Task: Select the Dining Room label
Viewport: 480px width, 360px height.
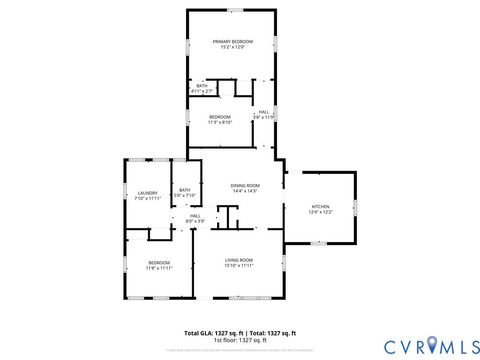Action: (x=245, y=185)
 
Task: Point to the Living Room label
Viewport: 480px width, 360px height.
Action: (x=238, y=260)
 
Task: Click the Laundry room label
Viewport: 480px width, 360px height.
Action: (x=147, y=193)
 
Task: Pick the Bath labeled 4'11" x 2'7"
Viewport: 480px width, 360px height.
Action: (x=202, y=86)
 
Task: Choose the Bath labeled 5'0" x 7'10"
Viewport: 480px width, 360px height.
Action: (x=184, y=190)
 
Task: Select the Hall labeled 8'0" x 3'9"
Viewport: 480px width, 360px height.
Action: (x=195, y=215)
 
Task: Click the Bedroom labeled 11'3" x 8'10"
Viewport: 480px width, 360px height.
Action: (x=220, y=117)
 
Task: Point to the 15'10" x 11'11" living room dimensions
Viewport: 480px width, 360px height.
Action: (x=238, y=266)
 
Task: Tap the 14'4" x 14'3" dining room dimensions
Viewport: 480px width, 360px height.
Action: (x=245, y=191)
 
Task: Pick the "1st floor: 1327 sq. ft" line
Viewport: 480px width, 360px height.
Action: (x=240, y=339)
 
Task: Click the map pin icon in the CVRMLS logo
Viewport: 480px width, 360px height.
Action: (x=432, y=346)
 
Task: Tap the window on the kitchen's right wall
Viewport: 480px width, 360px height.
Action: (x=356, y=207)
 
